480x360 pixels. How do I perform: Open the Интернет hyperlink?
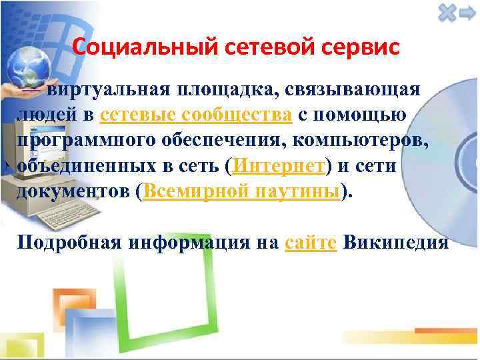pos(279,166)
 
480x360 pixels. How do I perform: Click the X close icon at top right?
pos(447,13)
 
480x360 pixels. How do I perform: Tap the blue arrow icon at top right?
pos(466,13)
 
